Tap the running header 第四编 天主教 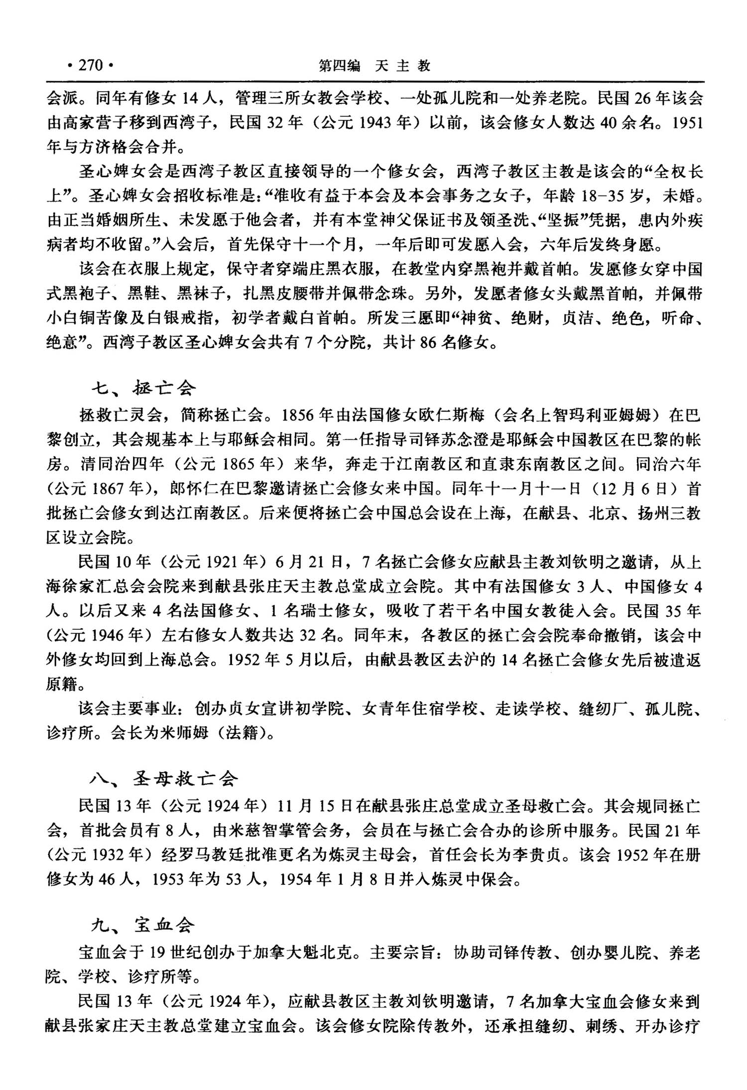[x=374, y=66]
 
